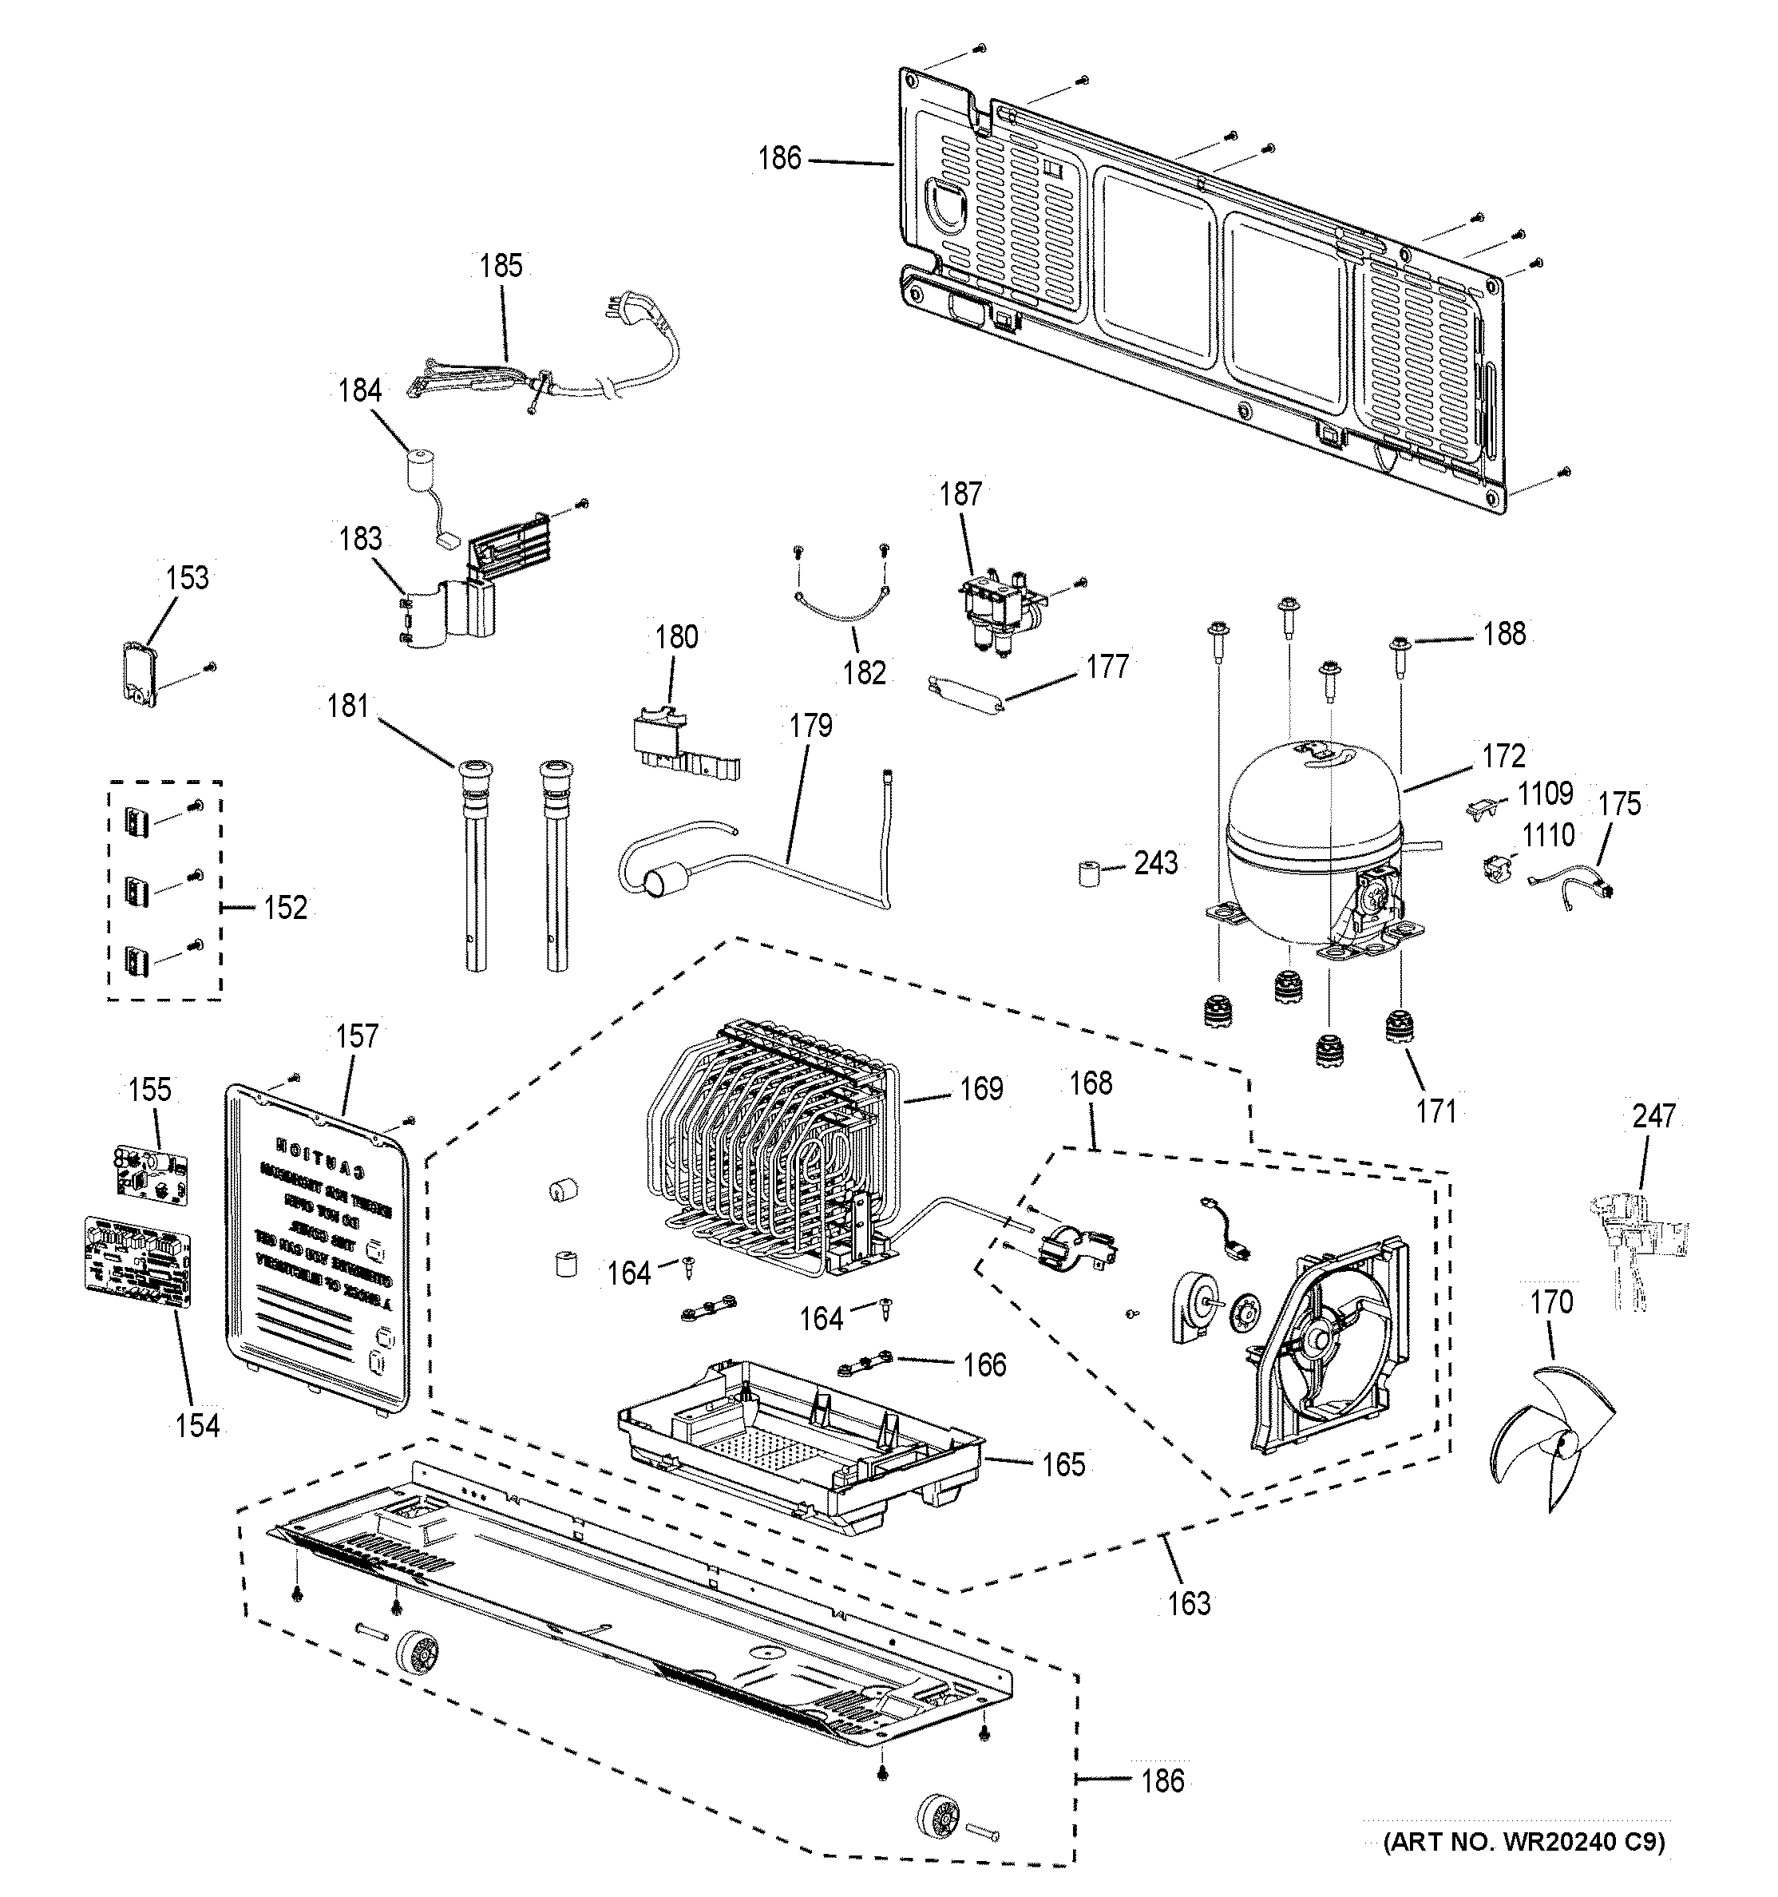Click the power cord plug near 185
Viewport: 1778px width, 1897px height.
coord(612,310)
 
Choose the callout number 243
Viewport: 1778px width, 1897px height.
coord(1156,864)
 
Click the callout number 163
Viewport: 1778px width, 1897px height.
coord(1189,1603)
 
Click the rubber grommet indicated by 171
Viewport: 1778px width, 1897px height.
coord(1397,1032)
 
